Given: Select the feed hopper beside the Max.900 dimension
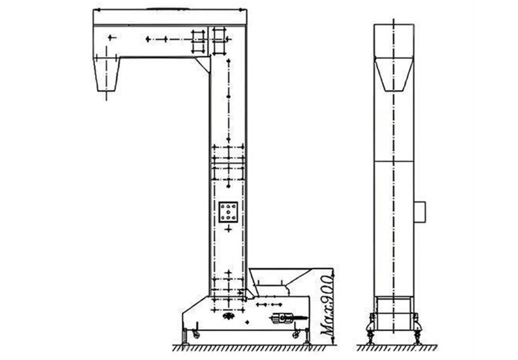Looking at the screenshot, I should coord(281,279).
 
